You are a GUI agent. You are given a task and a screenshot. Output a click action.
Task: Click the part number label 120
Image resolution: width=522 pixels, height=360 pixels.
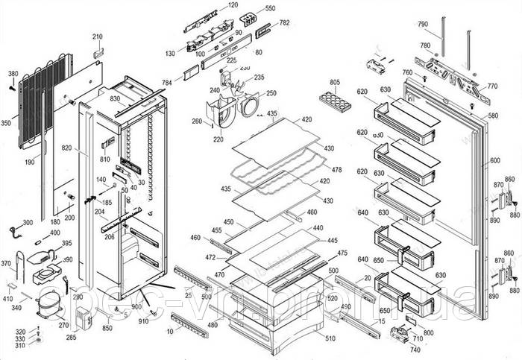(x=233, y=5)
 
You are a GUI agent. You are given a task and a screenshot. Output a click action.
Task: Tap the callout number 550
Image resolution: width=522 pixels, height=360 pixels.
(x=270, y=8)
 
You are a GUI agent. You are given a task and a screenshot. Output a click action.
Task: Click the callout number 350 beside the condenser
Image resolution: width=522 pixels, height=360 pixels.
(x=6, y=124)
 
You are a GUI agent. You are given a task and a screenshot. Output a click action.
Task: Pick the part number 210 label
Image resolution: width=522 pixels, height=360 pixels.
(x=98, y=37)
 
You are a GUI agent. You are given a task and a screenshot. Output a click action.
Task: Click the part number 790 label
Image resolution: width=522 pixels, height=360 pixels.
(x=423, y=25)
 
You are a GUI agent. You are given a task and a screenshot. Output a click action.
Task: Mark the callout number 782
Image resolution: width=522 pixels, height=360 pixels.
(x=284, y=23)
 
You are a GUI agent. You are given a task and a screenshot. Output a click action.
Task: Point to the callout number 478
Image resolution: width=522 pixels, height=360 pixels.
(x=336, y=170)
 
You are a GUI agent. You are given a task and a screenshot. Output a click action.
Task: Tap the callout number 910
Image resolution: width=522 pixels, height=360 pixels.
(x=143, y=321)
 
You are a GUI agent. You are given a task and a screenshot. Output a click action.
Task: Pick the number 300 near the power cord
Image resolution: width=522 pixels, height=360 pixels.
(x=28, y=223)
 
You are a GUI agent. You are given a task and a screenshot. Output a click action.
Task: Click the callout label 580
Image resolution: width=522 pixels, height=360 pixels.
(x=493, y=116)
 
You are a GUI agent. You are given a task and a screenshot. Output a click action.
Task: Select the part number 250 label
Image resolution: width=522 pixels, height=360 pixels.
(x=271, y=93)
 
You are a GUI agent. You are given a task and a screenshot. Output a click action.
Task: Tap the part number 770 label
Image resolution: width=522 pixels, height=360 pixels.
(x=492, y=86)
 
